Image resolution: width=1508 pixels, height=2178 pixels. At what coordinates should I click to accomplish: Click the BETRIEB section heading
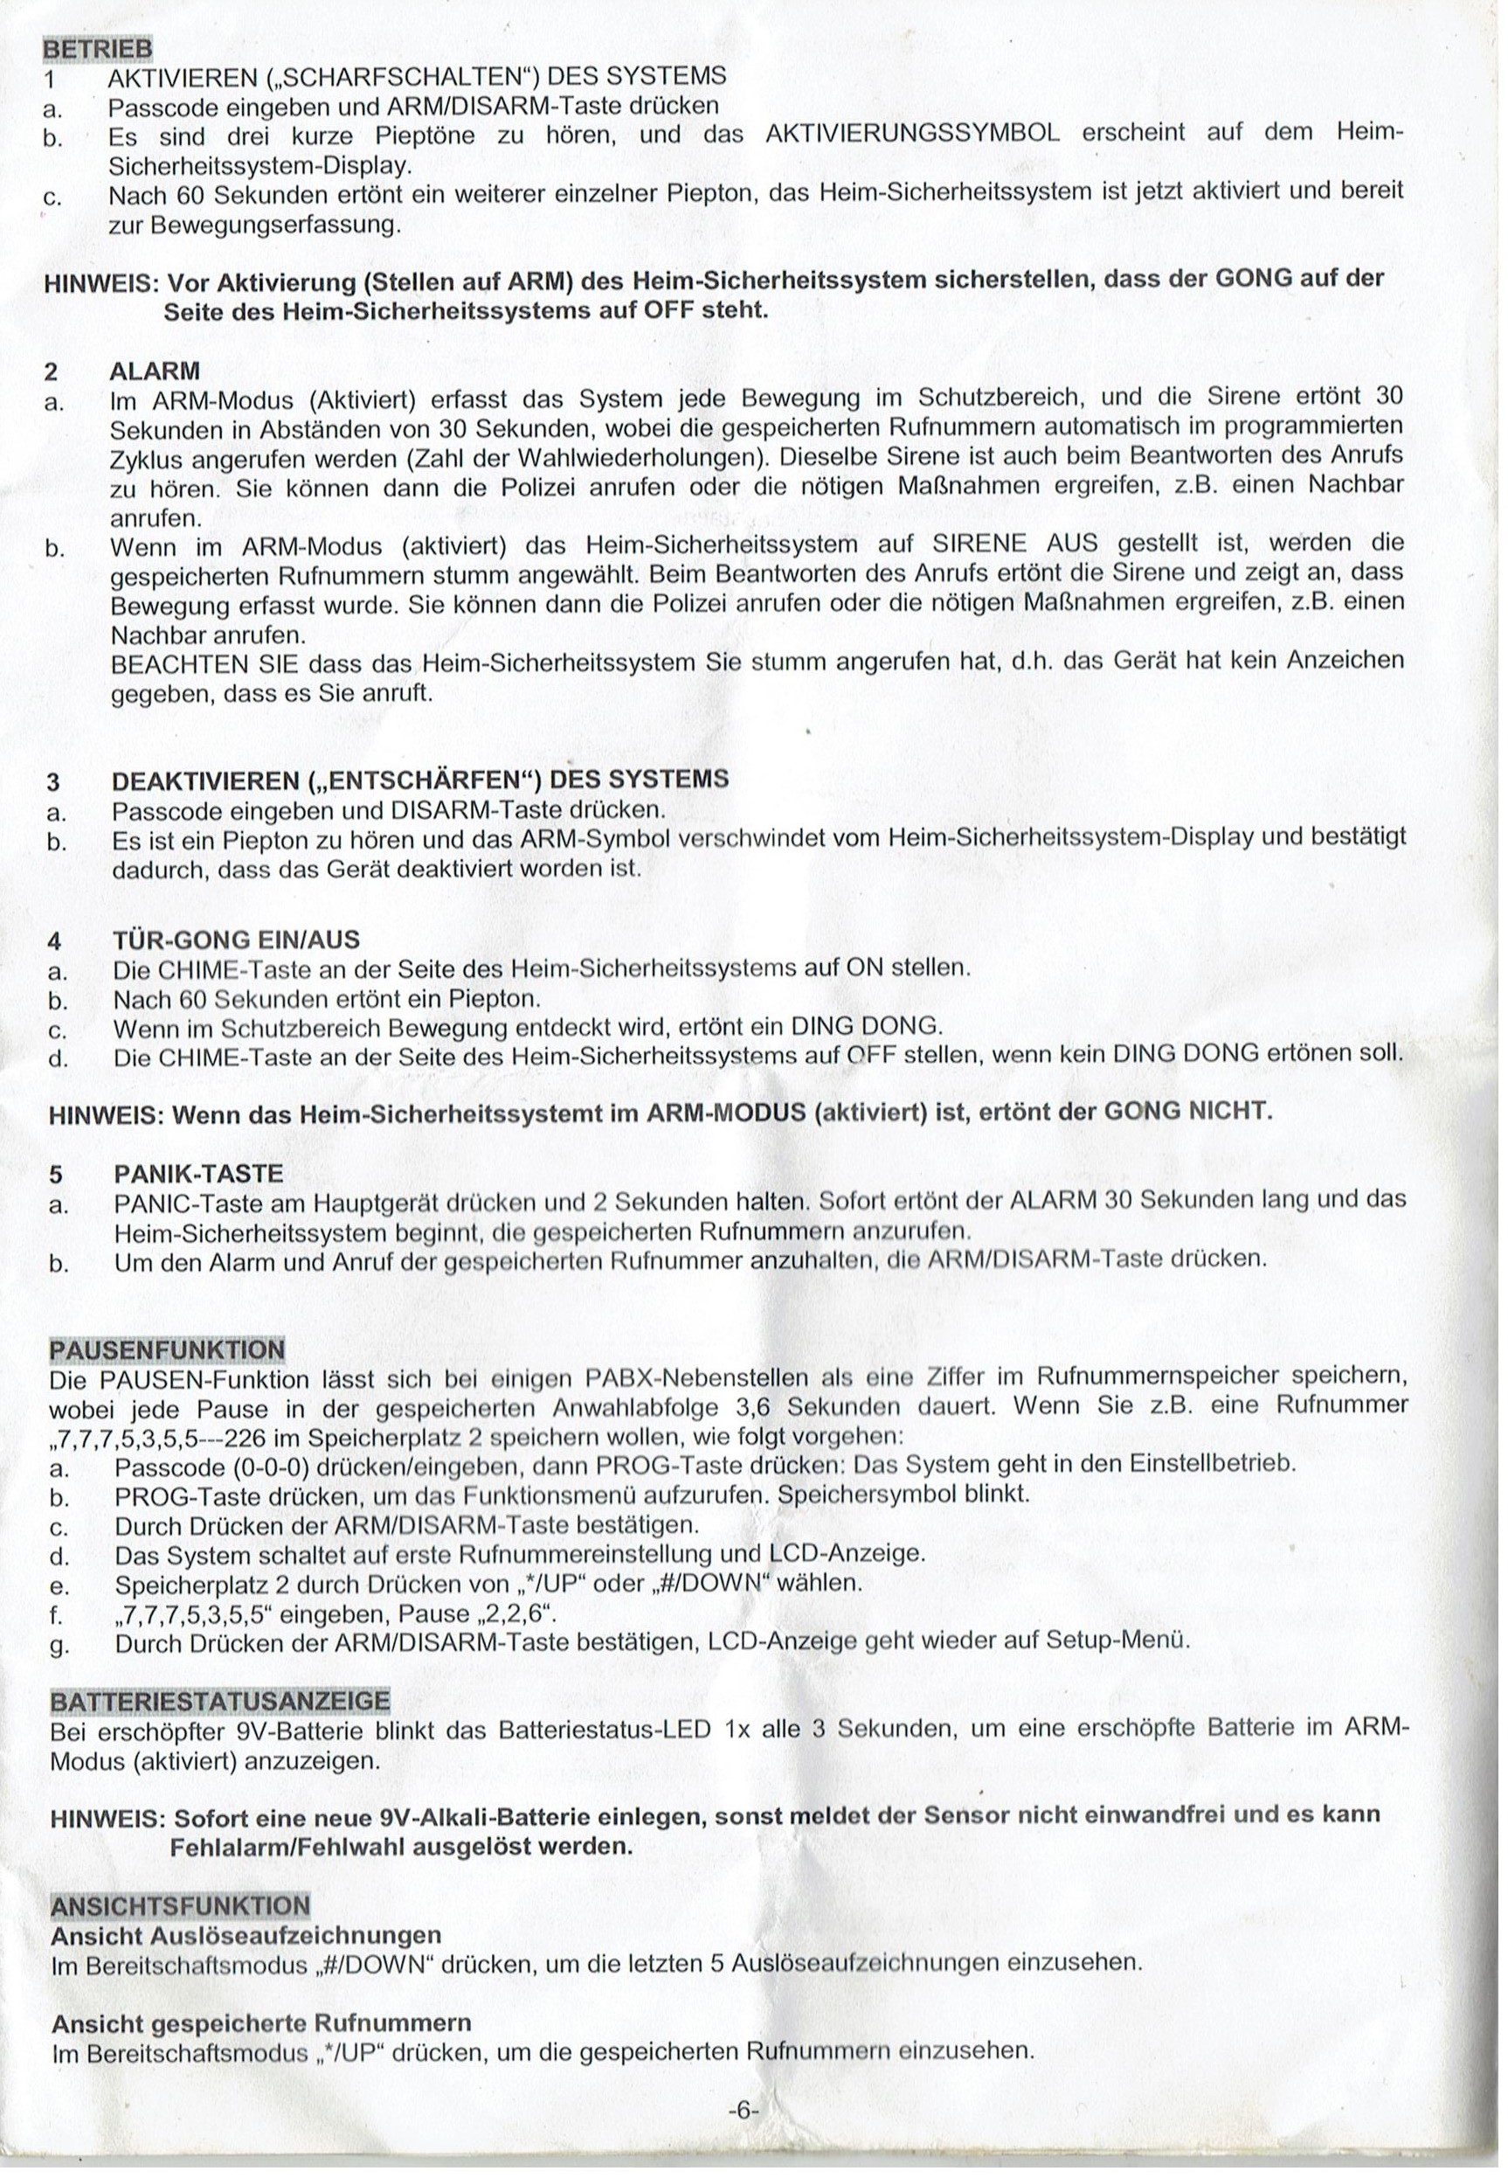[x=97, y=47]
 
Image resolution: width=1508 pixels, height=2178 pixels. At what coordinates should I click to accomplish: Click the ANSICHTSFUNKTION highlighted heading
[x=179, y=1904]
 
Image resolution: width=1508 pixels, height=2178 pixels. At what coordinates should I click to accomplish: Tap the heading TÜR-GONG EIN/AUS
[x=236, y=940]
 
